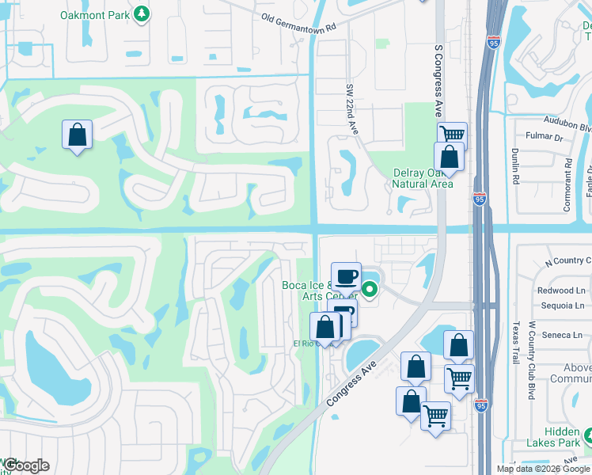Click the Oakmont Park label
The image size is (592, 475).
95,13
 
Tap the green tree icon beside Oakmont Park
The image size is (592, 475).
142,13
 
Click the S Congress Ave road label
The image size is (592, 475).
438,79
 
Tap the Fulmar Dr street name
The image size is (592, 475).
547,137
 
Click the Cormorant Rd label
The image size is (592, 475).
567,184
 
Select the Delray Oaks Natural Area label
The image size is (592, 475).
423,179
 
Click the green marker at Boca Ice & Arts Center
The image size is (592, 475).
368,290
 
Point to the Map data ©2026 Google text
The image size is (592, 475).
544,469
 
